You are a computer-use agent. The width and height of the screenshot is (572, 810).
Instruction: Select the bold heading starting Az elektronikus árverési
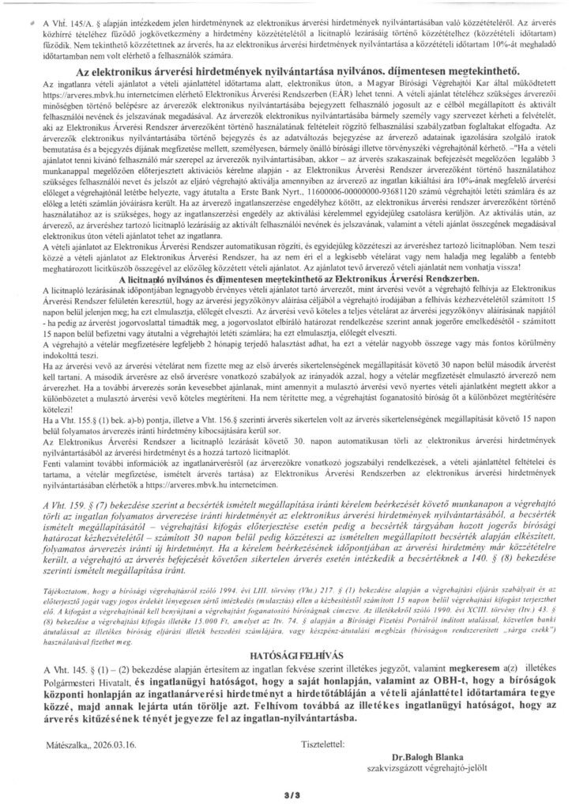pyautogui.click(x=289, y=93)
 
